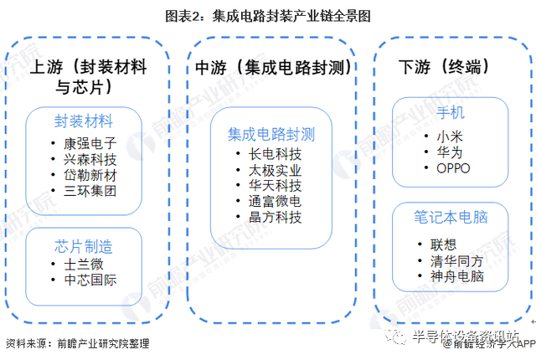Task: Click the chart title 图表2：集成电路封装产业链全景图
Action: (x=268, y=16)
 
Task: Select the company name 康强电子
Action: (x=90, y=143)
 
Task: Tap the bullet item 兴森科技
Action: (x=90, y=160)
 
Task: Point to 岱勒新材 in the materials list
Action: (x=90, y=175)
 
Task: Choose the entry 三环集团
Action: (x=90, y=191)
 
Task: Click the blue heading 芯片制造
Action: (x=84, y=246)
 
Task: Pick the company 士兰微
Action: (x=84, y=265)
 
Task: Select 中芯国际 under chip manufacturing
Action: (x=90, y=280)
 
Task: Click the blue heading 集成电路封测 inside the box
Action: (x=271, y=134)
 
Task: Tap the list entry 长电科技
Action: (x=276, y=154)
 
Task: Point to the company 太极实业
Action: (x=276, y=171)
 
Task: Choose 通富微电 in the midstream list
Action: (x=276, y=201)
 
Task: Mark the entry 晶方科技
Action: (x=276, y=217)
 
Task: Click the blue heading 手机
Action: (x=451, y=112)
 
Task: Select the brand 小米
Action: (x=450, y=136)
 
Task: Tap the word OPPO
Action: (x=454, y=168)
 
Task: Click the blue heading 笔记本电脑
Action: (x=451, y=217)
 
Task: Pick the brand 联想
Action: (x=443, y=244)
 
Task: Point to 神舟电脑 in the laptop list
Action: (x=457, y=276)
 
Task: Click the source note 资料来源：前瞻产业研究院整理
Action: (x=78, y=343)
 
